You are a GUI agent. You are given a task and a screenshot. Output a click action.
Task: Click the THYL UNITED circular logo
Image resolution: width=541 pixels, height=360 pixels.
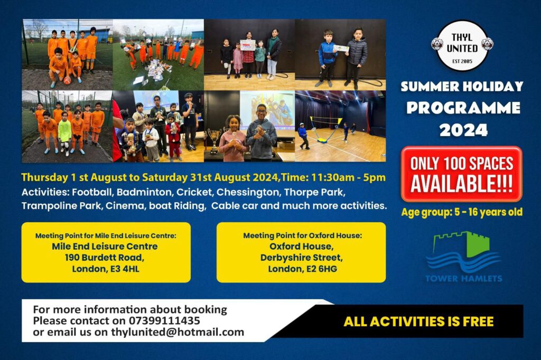click(462, 45)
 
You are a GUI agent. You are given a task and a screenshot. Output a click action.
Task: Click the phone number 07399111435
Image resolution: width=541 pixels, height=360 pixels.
click(164, 321)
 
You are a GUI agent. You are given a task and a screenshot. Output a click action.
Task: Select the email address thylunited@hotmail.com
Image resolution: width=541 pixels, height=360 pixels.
click(178, 333)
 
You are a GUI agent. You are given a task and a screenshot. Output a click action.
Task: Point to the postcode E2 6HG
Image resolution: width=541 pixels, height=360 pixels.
click(322, 269)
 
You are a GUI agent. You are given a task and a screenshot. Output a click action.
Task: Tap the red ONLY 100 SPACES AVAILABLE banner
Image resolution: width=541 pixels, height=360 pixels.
click(462, 174)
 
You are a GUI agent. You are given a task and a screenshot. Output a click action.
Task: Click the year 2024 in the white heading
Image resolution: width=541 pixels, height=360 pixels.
click(463, 130)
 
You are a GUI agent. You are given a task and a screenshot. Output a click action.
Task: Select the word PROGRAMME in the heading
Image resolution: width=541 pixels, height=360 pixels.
click(463, 108)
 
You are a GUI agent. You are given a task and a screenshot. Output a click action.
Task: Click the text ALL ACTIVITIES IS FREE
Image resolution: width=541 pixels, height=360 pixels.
click(418, 321)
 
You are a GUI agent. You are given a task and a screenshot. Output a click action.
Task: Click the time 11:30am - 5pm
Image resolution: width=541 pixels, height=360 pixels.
click(349, 177)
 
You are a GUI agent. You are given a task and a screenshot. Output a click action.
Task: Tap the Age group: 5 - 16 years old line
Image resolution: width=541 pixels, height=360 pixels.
click(462, 212)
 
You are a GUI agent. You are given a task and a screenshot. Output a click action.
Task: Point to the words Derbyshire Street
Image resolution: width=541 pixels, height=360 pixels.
click(302, 258)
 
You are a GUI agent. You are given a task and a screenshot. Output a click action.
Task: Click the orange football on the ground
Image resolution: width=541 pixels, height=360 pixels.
click(67, 81)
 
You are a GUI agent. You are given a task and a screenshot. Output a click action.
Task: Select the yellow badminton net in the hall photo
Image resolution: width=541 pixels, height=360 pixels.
click(325, 129)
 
